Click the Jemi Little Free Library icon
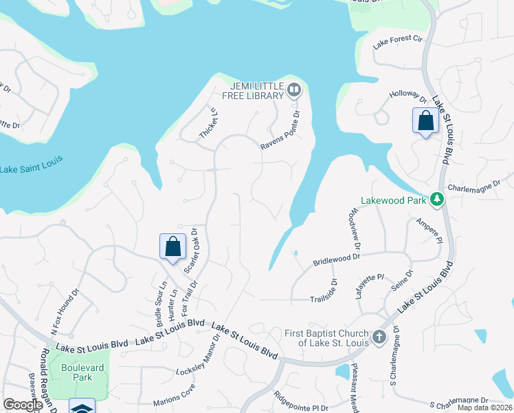[294, 89]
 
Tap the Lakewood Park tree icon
[436, 200]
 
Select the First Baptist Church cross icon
[379, 337]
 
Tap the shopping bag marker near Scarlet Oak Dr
[173, 246]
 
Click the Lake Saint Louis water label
[31, 165]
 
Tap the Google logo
[23, 405]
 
